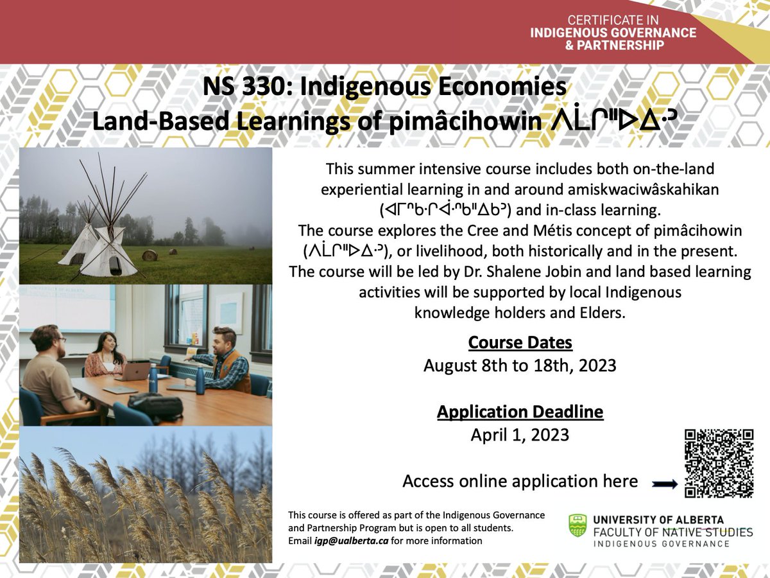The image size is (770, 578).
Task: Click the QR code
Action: click(718, 462)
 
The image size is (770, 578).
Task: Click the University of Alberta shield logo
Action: click(577, 525)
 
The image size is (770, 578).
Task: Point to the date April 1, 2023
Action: click(520, 435)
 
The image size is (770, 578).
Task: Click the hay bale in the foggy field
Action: click(150, 255)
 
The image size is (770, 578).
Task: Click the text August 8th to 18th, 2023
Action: click(520, 366)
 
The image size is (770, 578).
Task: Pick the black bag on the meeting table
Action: click(155, 407)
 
